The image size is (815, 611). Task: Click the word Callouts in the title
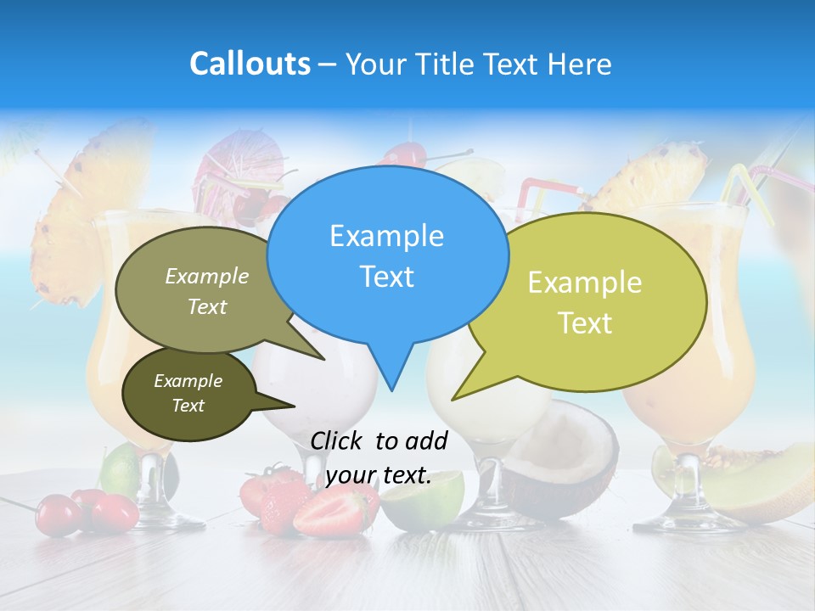250,64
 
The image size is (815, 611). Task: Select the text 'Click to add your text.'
379,458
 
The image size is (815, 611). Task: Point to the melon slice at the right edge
764,484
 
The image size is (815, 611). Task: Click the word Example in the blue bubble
386,236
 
